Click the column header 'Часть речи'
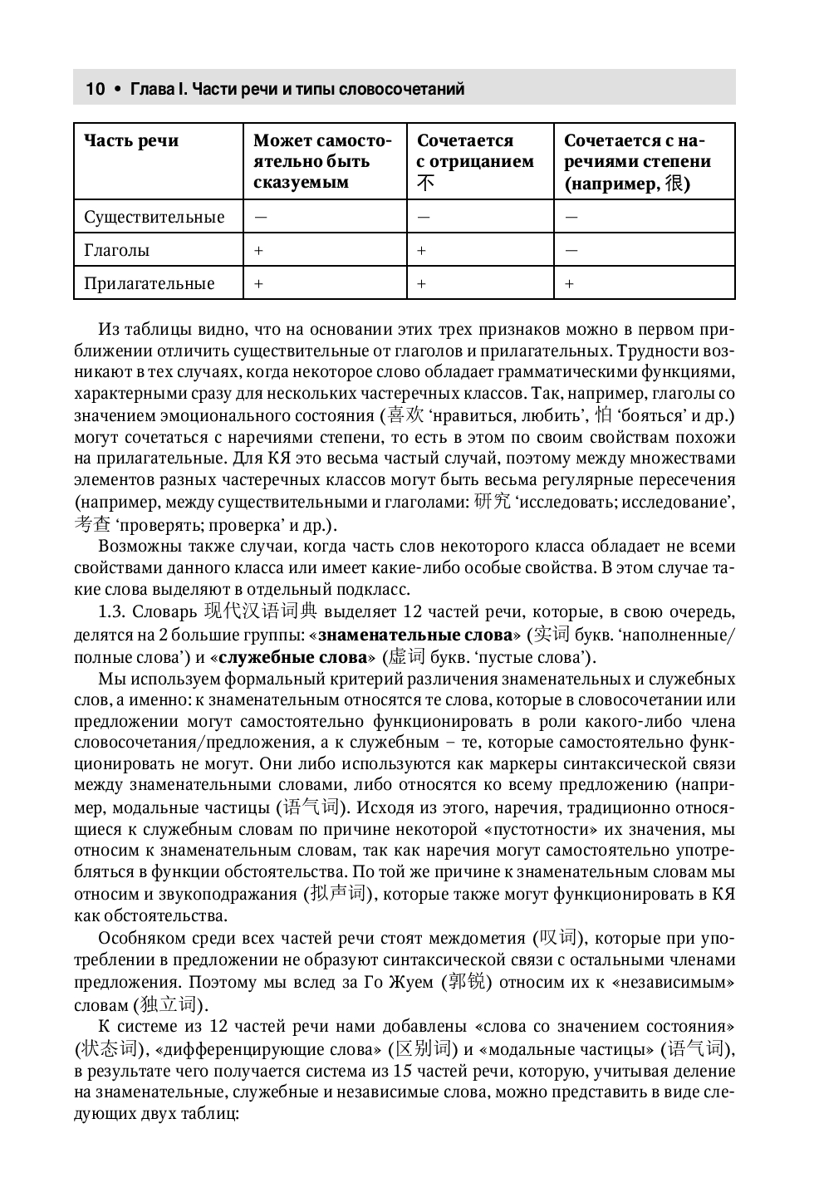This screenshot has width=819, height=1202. pos(131,141)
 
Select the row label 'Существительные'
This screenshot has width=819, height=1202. pos(154,218)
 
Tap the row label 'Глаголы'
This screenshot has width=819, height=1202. pos(117,250)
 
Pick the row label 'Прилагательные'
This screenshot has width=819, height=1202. pos(149,284)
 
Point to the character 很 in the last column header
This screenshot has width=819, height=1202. pos(676,184)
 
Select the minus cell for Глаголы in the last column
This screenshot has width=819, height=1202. pos(571,250)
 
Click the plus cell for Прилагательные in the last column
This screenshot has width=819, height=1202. pos(569,284)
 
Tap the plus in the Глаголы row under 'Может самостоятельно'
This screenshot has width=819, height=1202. pos(258,250)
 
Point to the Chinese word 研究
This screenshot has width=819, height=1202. pos(492,502)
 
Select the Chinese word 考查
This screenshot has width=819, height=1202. pos(92,523)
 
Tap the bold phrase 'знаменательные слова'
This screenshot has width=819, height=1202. pos(415,635)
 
